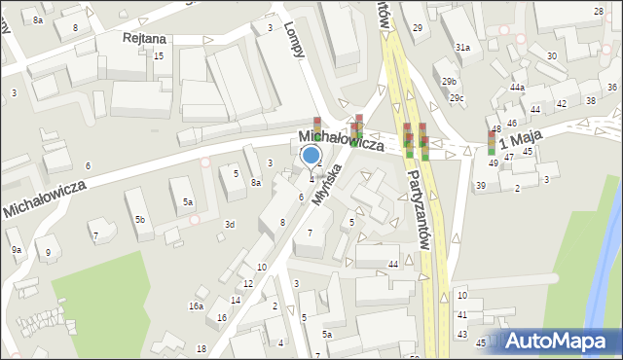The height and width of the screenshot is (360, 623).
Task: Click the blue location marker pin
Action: pos(311,156)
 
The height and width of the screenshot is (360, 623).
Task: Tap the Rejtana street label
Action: pos(143,38)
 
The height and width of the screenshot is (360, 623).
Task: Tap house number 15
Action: pos(158,56)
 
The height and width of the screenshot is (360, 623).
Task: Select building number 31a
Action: pos(462,47)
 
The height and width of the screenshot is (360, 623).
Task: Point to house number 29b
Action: pos(448,81)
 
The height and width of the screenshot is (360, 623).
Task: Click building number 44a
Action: pos(517,88)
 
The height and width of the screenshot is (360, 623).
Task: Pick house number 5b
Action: pos(140,220)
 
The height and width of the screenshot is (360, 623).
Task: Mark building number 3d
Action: pos(230,225)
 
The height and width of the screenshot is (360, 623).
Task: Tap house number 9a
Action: pos(17,250)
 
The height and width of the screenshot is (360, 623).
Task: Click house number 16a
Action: pos(196,306)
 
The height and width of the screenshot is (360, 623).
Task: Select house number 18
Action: pos(202,348)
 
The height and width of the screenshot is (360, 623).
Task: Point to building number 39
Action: pos(481,186)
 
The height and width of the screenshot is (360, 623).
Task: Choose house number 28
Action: pos(598,10)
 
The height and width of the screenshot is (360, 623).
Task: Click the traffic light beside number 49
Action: pos(492,143)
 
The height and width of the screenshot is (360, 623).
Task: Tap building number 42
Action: pos(561,103)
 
